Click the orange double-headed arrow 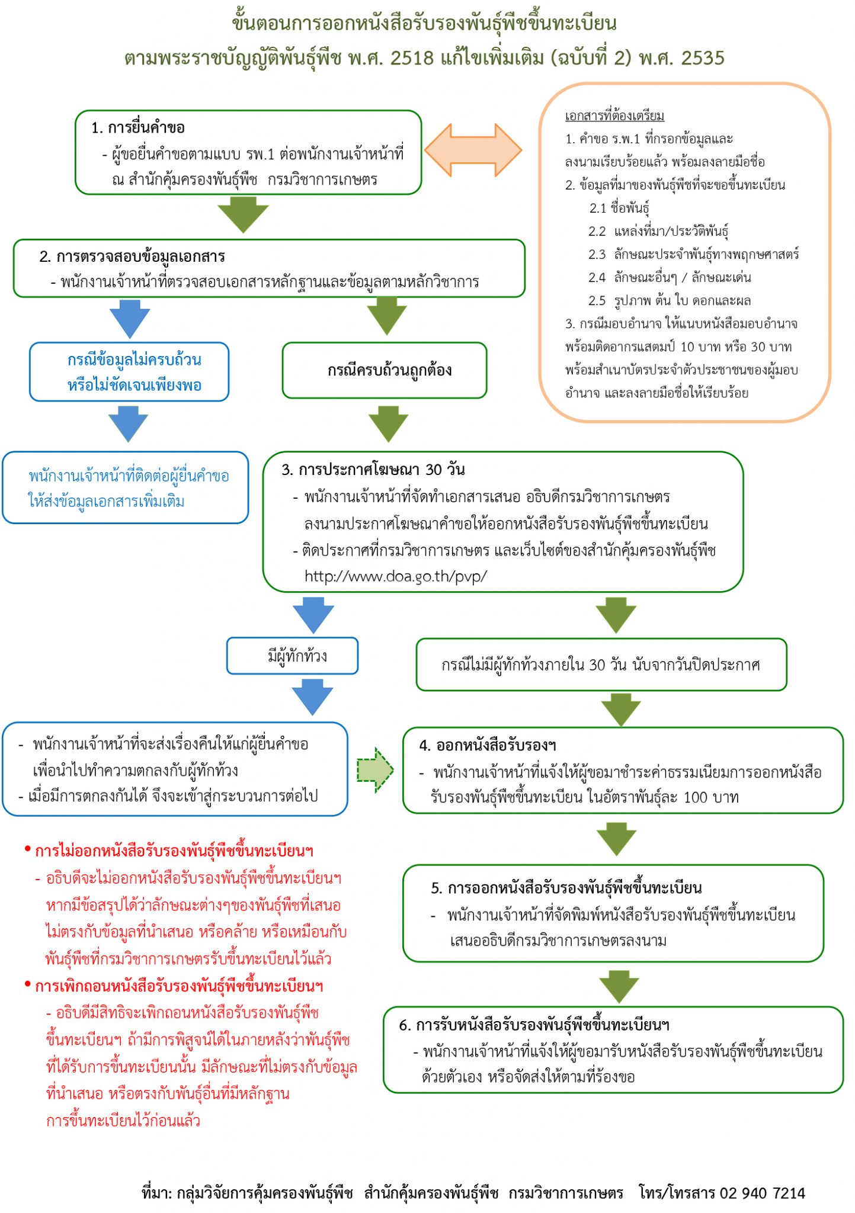[473, 150]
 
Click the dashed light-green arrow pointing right [375, 769]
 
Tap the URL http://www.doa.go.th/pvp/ [396, 576]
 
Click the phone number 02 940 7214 [762, 1192]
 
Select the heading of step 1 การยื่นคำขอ [137, 127]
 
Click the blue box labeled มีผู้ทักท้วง [292, 656]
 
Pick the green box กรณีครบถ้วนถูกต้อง [385, 370]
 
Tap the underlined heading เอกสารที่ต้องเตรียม [614, 115]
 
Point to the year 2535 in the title [703, 57]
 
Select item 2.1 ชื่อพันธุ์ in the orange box [619, 208]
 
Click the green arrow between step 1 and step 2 [243, 213]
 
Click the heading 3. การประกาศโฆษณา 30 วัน [373, 470]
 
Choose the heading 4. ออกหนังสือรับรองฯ [487, 745]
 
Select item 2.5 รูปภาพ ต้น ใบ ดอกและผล [670, 300]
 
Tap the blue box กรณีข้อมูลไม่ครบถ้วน [129, 372]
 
